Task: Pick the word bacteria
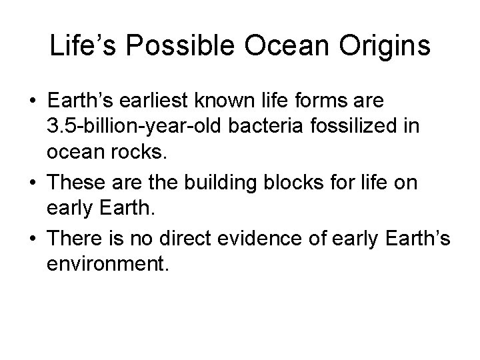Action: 260,127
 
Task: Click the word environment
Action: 109,265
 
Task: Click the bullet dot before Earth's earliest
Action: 32,102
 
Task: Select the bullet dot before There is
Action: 32,240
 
